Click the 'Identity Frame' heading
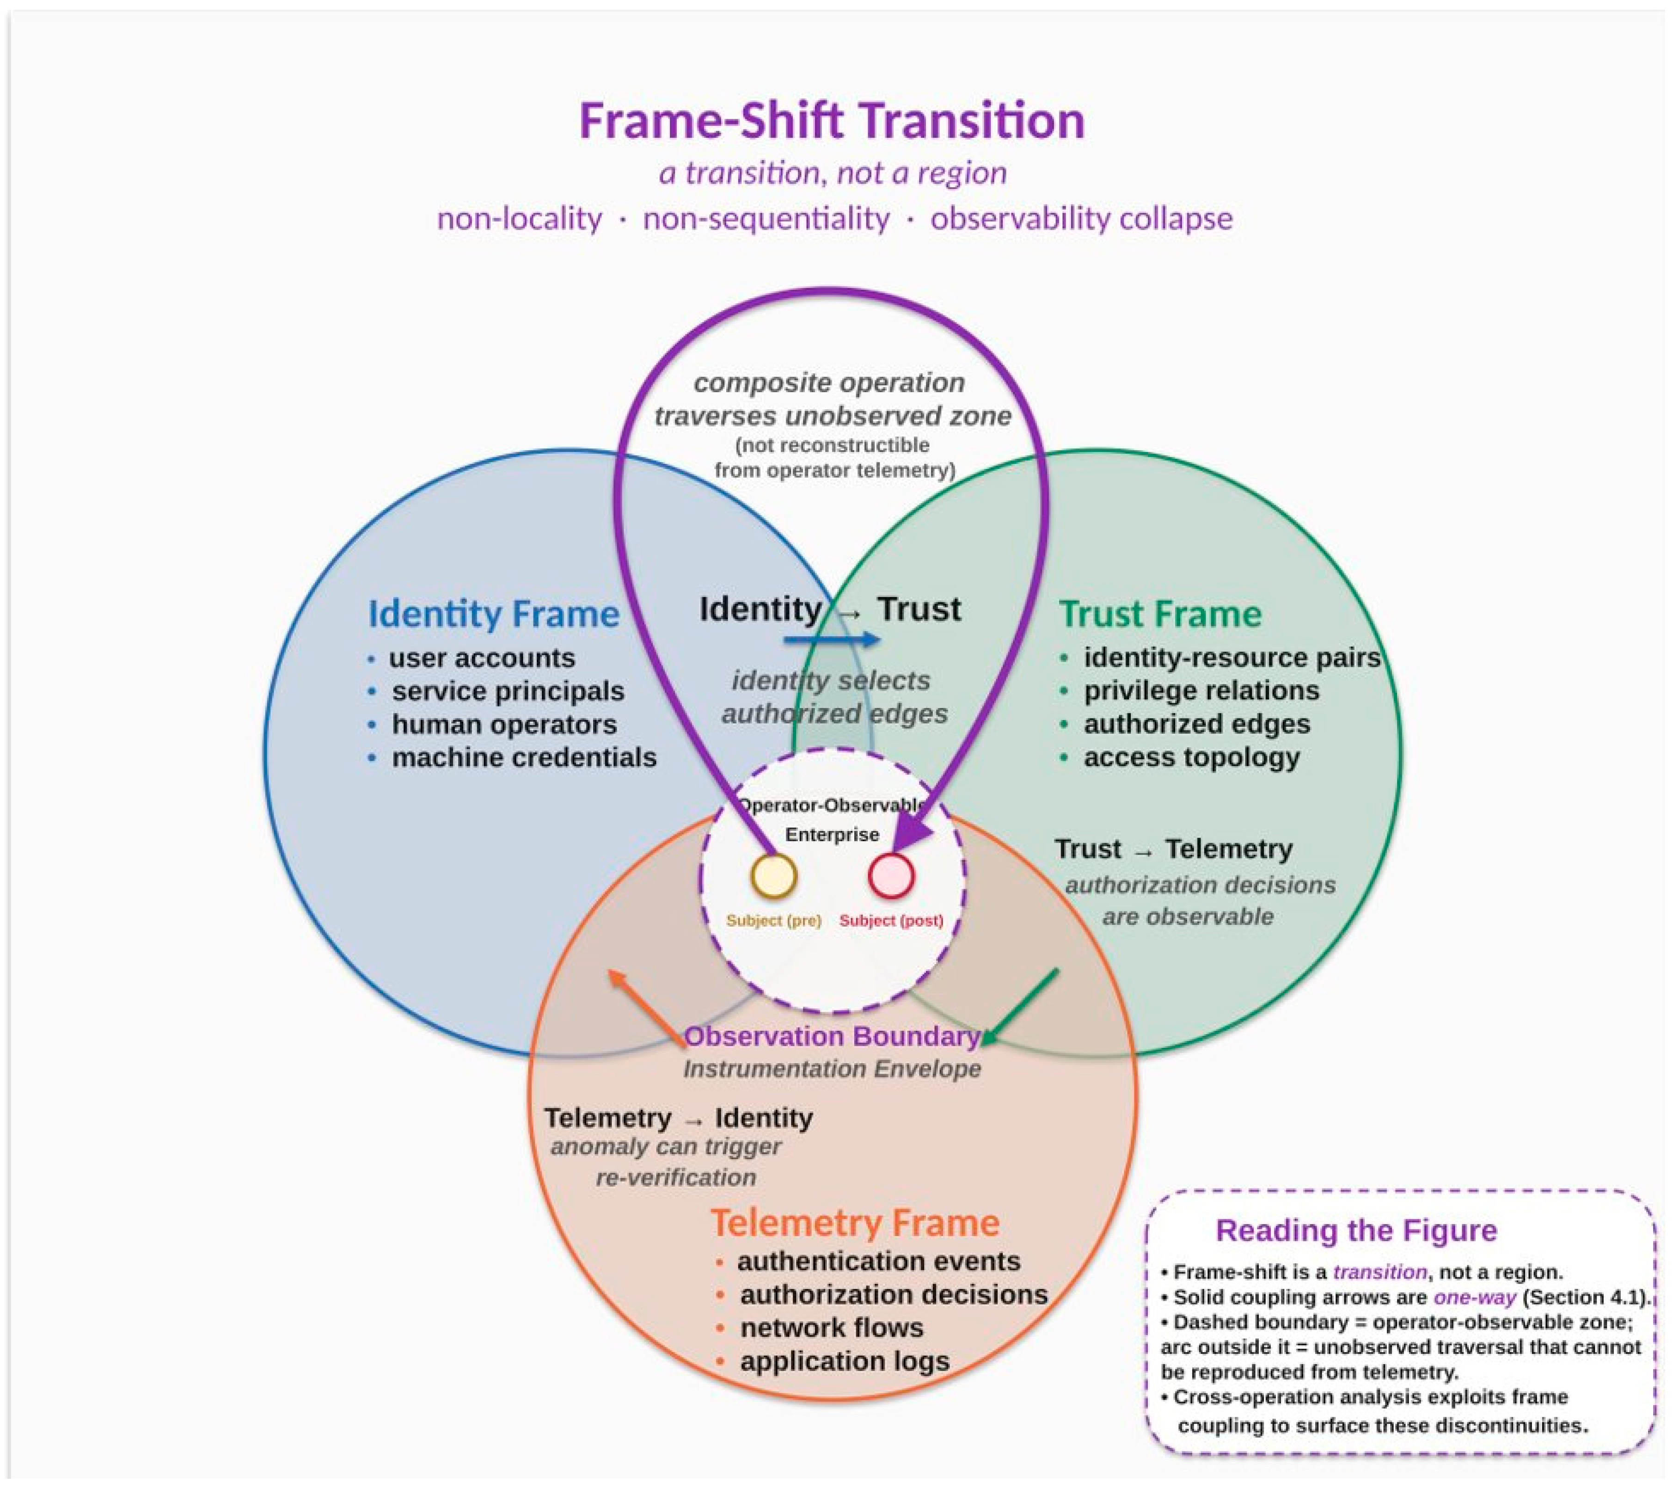494,614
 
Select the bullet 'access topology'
1192,757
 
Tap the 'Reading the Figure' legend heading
1356,1231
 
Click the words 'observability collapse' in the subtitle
1081,219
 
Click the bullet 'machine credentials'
524,757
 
